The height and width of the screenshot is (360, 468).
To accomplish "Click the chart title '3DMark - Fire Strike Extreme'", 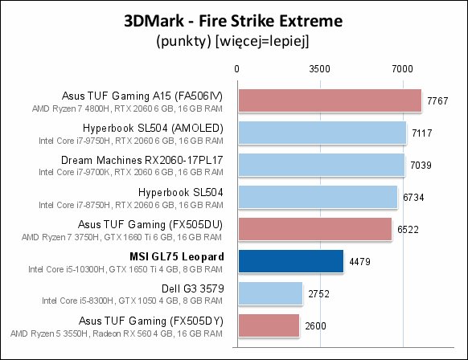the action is pyautogui.click(x=233, y=21).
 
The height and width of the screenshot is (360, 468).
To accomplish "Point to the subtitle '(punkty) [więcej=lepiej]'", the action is pyautogui.click(x=232, y=41).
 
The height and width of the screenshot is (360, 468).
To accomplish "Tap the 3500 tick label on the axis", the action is pyautogui.click(x=320, y=69).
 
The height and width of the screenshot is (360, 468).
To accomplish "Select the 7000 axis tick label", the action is pyautogui.click(x=402, y=69).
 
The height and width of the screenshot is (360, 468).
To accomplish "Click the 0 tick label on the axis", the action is pyautogui.click(x=236, y=69).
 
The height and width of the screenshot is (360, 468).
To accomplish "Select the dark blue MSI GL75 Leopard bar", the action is pyautogui.click(x=291, y=261).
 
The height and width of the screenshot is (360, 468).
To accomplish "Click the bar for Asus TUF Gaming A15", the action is pyautogui.click(x=330, y=100).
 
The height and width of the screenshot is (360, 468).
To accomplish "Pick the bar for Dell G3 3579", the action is pyautogui.click(x=270, y=293).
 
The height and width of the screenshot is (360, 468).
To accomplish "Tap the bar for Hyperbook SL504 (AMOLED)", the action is pyautogui.click(x=322, y=133).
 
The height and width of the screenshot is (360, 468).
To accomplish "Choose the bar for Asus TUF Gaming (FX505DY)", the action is pyautogui.click(x=269, y=325).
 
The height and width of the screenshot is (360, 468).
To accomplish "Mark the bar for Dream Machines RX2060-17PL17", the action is pyautogui.click(x=322, y=165).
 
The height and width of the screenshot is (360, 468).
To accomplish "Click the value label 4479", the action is pyautogui.click(x=359, y=262).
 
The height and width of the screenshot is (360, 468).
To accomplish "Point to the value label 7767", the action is pyautogui.click(x=437, y=101).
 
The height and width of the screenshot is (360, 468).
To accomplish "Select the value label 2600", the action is pyautogui.click(x=315, y=326).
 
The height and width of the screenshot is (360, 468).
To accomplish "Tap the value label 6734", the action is pyautogui.click(x=413, y=198).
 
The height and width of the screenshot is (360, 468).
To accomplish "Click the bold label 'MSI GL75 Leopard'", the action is pyautogui.click(x=176, y=257).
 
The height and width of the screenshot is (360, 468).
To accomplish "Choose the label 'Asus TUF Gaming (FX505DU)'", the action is pyautogui.click(x=150, y=224).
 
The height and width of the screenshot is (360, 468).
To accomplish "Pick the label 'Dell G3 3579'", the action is pyautogui.click(x=192, y=288).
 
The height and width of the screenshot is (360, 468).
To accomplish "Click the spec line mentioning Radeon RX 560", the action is pyautogui.click(x=117, y=333).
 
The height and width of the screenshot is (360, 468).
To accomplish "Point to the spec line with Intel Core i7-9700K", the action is pyautogui.click(x=131, y=173).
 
